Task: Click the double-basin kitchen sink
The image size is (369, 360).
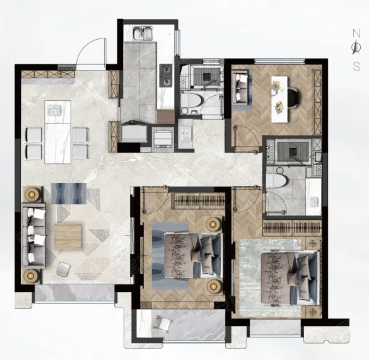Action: point(143,33)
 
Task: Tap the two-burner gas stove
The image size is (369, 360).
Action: point(166,75)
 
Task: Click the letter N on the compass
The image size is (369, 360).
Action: point(356,33)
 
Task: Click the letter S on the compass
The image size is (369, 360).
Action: point(356,67)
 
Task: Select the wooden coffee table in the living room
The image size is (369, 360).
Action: point(67,236)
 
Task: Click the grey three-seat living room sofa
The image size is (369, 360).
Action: point(33,236)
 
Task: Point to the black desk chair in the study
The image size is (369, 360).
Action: point(293,98)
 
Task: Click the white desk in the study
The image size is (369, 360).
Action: point(279,99)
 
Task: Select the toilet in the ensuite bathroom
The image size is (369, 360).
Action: point(277,182)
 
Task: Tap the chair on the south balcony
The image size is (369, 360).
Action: point(163,325)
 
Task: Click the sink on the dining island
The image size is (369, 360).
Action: point(54,110)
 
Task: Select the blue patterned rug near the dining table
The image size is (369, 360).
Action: point(69,193)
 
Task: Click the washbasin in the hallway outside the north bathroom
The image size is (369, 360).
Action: point(185,134)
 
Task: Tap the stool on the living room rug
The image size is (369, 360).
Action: point(63,269)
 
